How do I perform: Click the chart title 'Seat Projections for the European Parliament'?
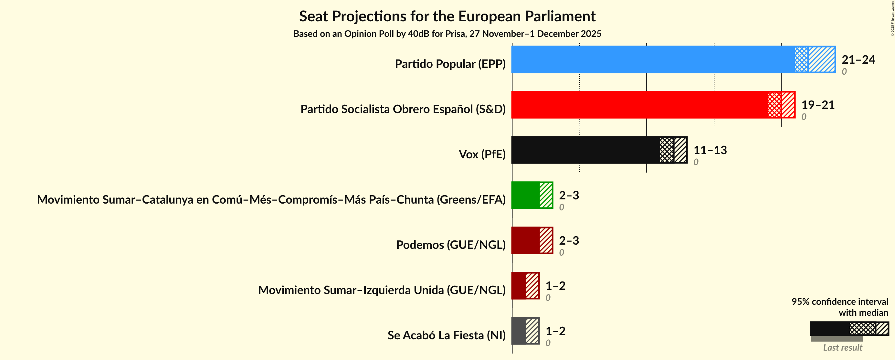click(x=447, y=16)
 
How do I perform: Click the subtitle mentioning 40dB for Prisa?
click(x=447, y=34)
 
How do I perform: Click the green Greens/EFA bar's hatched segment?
click(x=546, y=195)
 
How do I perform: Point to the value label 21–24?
click(x=858, y=59)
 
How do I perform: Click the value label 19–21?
click(x=817, y=105)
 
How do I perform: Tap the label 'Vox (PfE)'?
click(x=482, y=154)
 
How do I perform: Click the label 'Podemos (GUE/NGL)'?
click(x=451, y=245)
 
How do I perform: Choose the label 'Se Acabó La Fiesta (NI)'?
click(x=447, y=335)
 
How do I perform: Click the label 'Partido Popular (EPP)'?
click(x=450, y=64)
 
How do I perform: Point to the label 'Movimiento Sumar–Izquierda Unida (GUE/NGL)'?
click(x=382, y=290)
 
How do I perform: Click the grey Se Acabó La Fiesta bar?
click(x=519, y=331)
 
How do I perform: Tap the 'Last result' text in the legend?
click(x=843, y=347)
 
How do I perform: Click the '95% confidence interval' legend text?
click(x=839, y=302)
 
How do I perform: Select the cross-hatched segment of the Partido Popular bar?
click(x=801, y=59)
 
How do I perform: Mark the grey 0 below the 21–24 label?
click(x=844, y=72)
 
